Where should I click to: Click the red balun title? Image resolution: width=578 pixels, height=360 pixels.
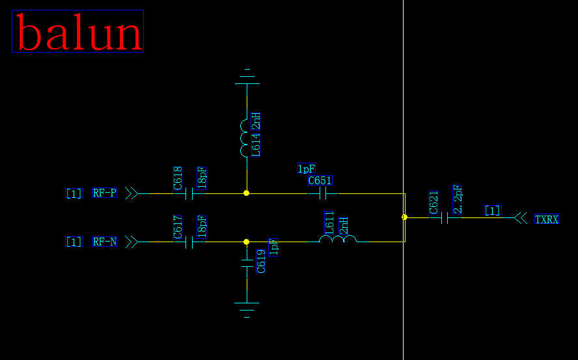pos(77,31)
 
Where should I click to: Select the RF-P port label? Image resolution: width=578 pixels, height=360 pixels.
pos(105,193)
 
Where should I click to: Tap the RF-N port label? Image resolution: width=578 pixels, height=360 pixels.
pos(105,242)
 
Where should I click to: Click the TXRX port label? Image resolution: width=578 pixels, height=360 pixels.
pos(547,219)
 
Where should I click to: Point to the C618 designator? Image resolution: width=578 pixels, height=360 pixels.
pos(178,178)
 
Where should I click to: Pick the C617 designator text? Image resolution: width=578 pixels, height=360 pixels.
pos(178,227)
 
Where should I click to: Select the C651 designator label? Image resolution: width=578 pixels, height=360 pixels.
pos(320,180)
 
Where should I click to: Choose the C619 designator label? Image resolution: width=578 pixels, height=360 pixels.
pos(261,260)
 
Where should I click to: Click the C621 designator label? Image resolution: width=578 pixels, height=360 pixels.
pos(434,202)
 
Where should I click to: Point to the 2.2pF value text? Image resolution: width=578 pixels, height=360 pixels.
pos(458,199)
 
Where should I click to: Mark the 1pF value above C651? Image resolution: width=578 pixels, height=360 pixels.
pos(307,169)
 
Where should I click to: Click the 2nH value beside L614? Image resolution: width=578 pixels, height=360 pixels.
pos(256,120)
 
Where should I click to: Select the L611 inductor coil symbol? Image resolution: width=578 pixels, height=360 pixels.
pos(338,240)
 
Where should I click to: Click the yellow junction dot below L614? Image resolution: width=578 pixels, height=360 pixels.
pos(246,193)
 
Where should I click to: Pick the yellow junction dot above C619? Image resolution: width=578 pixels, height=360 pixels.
pos(246,242)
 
